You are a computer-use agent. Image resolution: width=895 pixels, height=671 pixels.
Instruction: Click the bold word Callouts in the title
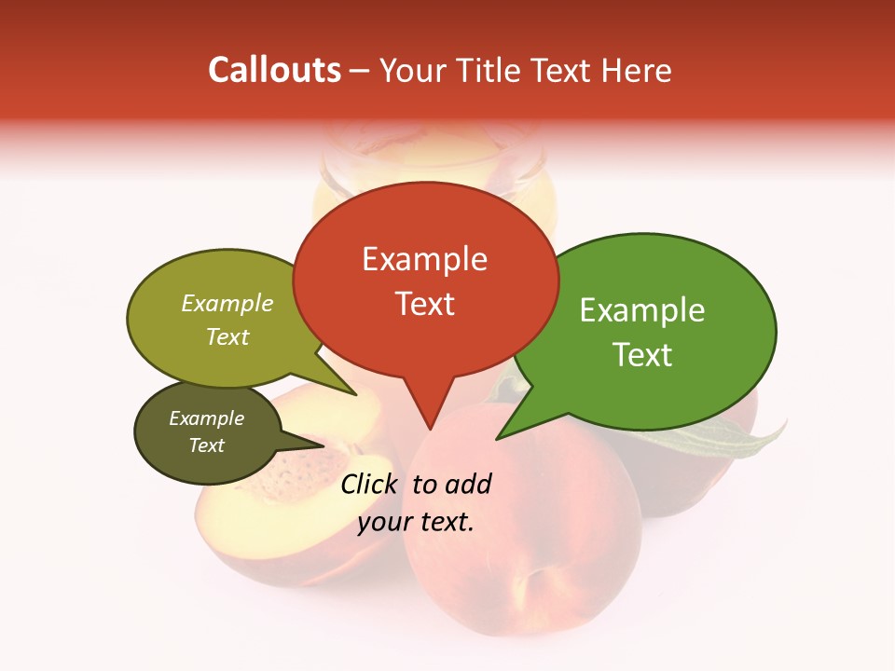coord(274,70)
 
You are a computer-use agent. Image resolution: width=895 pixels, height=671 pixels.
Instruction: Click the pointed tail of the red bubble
coord(430,410)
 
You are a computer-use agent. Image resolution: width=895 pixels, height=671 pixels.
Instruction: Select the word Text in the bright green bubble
coord(643,354)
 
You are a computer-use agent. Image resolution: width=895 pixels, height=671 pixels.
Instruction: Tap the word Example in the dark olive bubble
coord(207,418)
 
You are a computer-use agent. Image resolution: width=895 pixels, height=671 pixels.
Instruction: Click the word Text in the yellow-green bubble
coord(227,336)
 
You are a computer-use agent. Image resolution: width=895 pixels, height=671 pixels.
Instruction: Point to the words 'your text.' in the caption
coord(415,521)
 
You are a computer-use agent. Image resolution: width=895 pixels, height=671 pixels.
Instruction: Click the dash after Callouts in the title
coord(361,71)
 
